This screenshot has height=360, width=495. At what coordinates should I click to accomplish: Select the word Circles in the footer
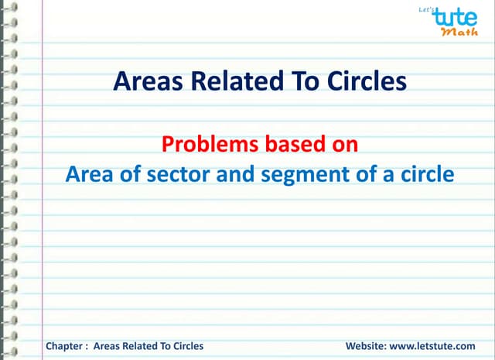pos(186,345)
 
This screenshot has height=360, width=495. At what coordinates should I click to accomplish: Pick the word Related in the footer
pos(137,345)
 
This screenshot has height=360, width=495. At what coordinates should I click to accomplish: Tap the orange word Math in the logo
pos(459,33)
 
